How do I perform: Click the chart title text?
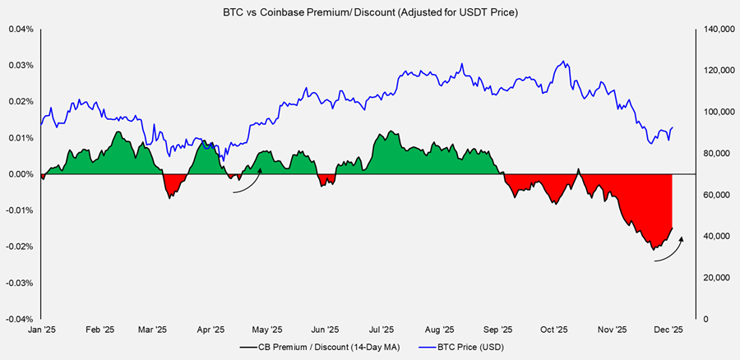point(369,12)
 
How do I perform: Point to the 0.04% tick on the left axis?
point(21,30)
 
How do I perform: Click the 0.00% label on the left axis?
point(21,174)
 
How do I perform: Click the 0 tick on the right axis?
point(704,319)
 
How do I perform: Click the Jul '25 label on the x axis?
point(380,330)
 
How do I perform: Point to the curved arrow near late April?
point(247,183)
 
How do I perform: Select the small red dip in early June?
point(326,180)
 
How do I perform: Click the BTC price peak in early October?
point(562,62)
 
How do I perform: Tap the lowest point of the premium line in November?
point(652,248)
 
